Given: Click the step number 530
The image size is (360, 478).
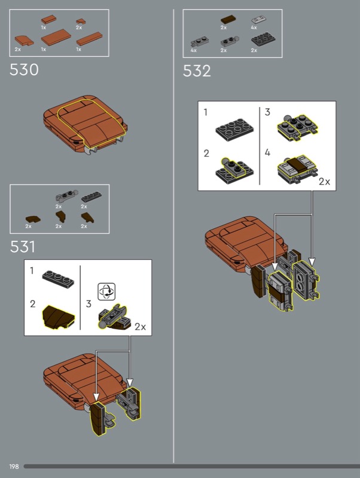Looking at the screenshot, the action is (24, 70).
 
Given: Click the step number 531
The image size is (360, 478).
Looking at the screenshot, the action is (23, 246).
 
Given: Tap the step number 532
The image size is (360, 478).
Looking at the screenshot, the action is (197, 71).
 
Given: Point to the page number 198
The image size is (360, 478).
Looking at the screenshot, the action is (14, 467).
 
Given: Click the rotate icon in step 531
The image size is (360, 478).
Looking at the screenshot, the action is (106, 292).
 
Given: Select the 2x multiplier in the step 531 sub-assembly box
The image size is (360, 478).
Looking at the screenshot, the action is (141, 327).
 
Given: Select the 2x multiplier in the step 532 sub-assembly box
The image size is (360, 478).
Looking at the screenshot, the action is (324, 182).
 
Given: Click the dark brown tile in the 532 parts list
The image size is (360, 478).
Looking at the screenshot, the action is (228, 20).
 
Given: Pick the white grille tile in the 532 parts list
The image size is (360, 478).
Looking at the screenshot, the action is (258, 20).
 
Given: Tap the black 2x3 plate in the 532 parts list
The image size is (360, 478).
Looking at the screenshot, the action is (263, 39).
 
